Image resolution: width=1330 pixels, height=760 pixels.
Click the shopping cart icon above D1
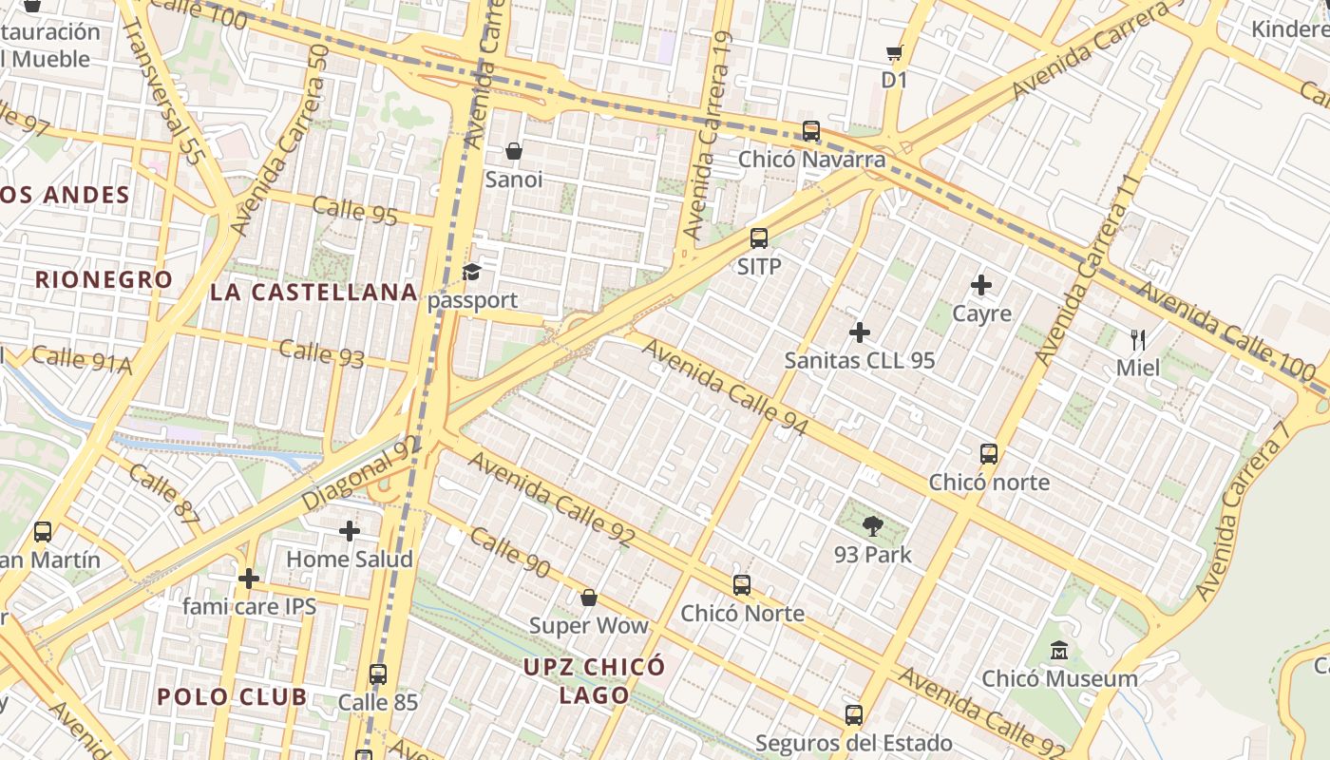[x=894, y=53]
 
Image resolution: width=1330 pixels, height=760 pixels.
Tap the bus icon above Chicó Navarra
[x=811, y=131]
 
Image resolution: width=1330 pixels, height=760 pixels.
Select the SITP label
[x=759, y=267]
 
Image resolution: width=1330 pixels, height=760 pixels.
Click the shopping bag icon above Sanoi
[x=514, y=151]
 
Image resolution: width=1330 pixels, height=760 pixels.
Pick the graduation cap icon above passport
[x=472, y=273]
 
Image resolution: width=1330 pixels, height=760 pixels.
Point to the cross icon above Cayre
[x=981, y=285]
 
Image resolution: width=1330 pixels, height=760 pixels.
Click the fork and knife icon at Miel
[x=1138, y=339]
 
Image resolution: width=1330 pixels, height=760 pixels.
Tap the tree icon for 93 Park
[x=872, y=525]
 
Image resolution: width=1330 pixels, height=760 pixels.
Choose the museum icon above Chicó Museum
[x=1059, y=651]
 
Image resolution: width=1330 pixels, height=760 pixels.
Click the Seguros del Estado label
[x=853, y=743]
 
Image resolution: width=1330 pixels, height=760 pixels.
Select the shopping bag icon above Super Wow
[x=589, y=598]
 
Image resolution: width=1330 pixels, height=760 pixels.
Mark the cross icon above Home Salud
[x=350, y=531]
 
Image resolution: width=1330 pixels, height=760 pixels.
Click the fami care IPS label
[x=249, y=606]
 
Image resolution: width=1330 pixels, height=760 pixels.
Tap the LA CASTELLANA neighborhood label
[x=313, y=292]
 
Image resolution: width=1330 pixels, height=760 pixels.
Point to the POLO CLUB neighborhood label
[x=232, y=696]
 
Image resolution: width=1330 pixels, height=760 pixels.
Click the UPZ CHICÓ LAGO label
[x=594, y=680]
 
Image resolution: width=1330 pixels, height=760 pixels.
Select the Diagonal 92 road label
[x=361, y=472]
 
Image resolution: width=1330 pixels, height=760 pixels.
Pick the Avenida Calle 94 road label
[x=725, y=388]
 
